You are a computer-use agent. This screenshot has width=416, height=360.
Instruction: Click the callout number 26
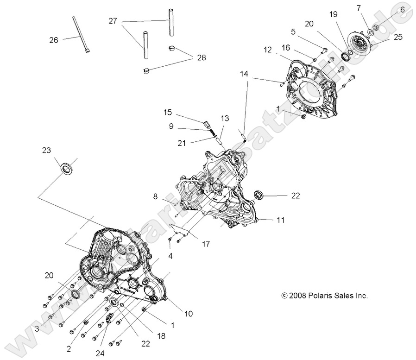coord(53,40)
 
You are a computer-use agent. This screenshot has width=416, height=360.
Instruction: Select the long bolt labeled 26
coord(81,35)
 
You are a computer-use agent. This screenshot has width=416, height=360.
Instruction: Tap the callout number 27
coord(113,21)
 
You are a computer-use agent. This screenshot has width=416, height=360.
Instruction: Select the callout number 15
coord(168,113)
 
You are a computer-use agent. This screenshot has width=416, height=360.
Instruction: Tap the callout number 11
coord(280,221)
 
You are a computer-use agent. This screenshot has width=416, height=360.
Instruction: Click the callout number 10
coord(188,314)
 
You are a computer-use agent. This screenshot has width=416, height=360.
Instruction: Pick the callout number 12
coord(268,49)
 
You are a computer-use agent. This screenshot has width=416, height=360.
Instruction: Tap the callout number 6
coord(402,9)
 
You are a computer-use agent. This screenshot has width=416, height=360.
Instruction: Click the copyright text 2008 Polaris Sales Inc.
coord(324,295)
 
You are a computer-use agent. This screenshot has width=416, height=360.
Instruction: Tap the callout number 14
coord(244,74)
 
